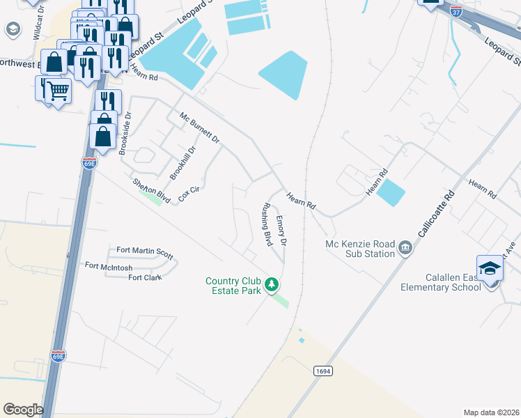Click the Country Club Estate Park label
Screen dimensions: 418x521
tap(233, 286)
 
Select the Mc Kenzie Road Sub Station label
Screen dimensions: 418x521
tap(359, 249)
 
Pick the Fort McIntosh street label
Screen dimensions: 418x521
tap(110, 265)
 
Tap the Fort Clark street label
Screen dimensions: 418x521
tap(145, 277)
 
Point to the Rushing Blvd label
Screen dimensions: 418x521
tap(266, 224)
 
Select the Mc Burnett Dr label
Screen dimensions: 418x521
tap(199, 128)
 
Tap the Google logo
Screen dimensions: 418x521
tap(23, 410)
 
